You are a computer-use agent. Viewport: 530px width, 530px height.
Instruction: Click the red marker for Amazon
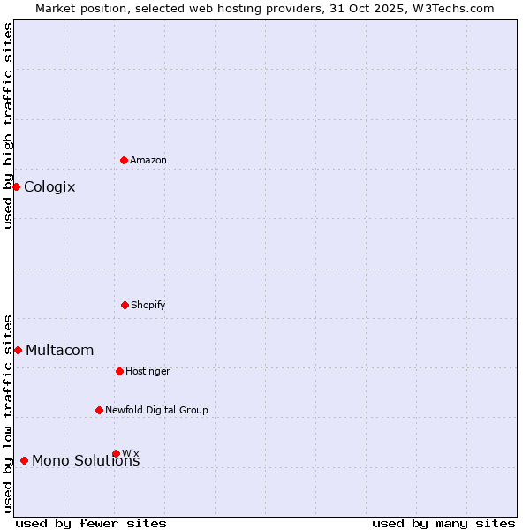124,160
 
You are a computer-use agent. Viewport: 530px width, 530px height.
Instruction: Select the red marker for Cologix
16,186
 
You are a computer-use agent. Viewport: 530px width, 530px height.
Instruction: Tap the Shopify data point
125,305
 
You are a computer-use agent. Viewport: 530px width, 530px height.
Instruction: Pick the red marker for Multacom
18,350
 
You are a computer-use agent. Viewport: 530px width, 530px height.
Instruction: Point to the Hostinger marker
119,371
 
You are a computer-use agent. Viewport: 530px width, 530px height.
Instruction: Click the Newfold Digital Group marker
99,410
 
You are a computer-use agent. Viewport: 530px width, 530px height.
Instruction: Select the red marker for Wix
116,453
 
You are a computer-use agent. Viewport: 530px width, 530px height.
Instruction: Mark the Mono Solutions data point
24,460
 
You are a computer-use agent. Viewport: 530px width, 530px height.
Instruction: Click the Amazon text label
148,160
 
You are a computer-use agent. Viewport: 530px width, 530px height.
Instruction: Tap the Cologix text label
49,186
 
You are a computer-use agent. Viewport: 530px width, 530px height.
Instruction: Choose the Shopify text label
148,305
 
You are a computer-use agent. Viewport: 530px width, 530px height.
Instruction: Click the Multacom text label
59,350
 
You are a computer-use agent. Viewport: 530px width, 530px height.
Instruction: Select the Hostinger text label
148,371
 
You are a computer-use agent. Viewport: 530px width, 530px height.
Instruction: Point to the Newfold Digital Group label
156,410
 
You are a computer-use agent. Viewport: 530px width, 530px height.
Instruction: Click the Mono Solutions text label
86,460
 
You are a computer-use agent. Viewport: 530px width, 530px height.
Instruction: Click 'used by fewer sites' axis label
91,523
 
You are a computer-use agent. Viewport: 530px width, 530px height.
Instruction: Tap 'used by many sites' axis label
443,523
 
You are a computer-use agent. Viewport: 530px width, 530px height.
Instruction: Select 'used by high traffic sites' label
8,125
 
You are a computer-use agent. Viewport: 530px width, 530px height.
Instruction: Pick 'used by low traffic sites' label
8,413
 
